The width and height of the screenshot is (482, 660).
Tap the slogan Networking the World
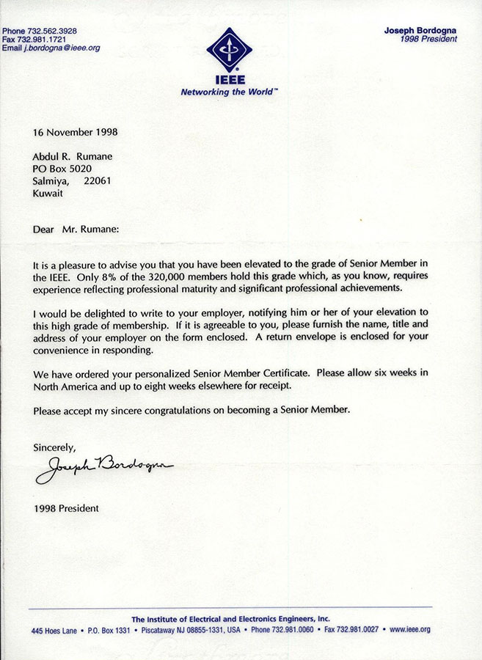point(230,92)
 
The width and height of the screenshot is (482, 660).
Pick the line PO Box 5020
point(62,169)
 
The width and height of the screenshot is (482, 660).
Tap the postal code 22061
point(98,181)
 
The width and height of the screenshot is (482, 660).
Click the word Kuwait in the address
point(48,194)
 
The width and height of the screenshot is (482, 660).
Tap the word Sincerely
point(54,446)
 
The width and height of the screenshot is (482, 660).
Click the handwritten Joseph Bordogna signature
point(106,466)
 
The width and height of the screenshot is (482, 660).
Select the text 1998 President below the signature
point(66,507)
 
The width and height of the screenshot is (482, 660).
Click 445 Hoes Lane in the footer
point(56,630)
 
